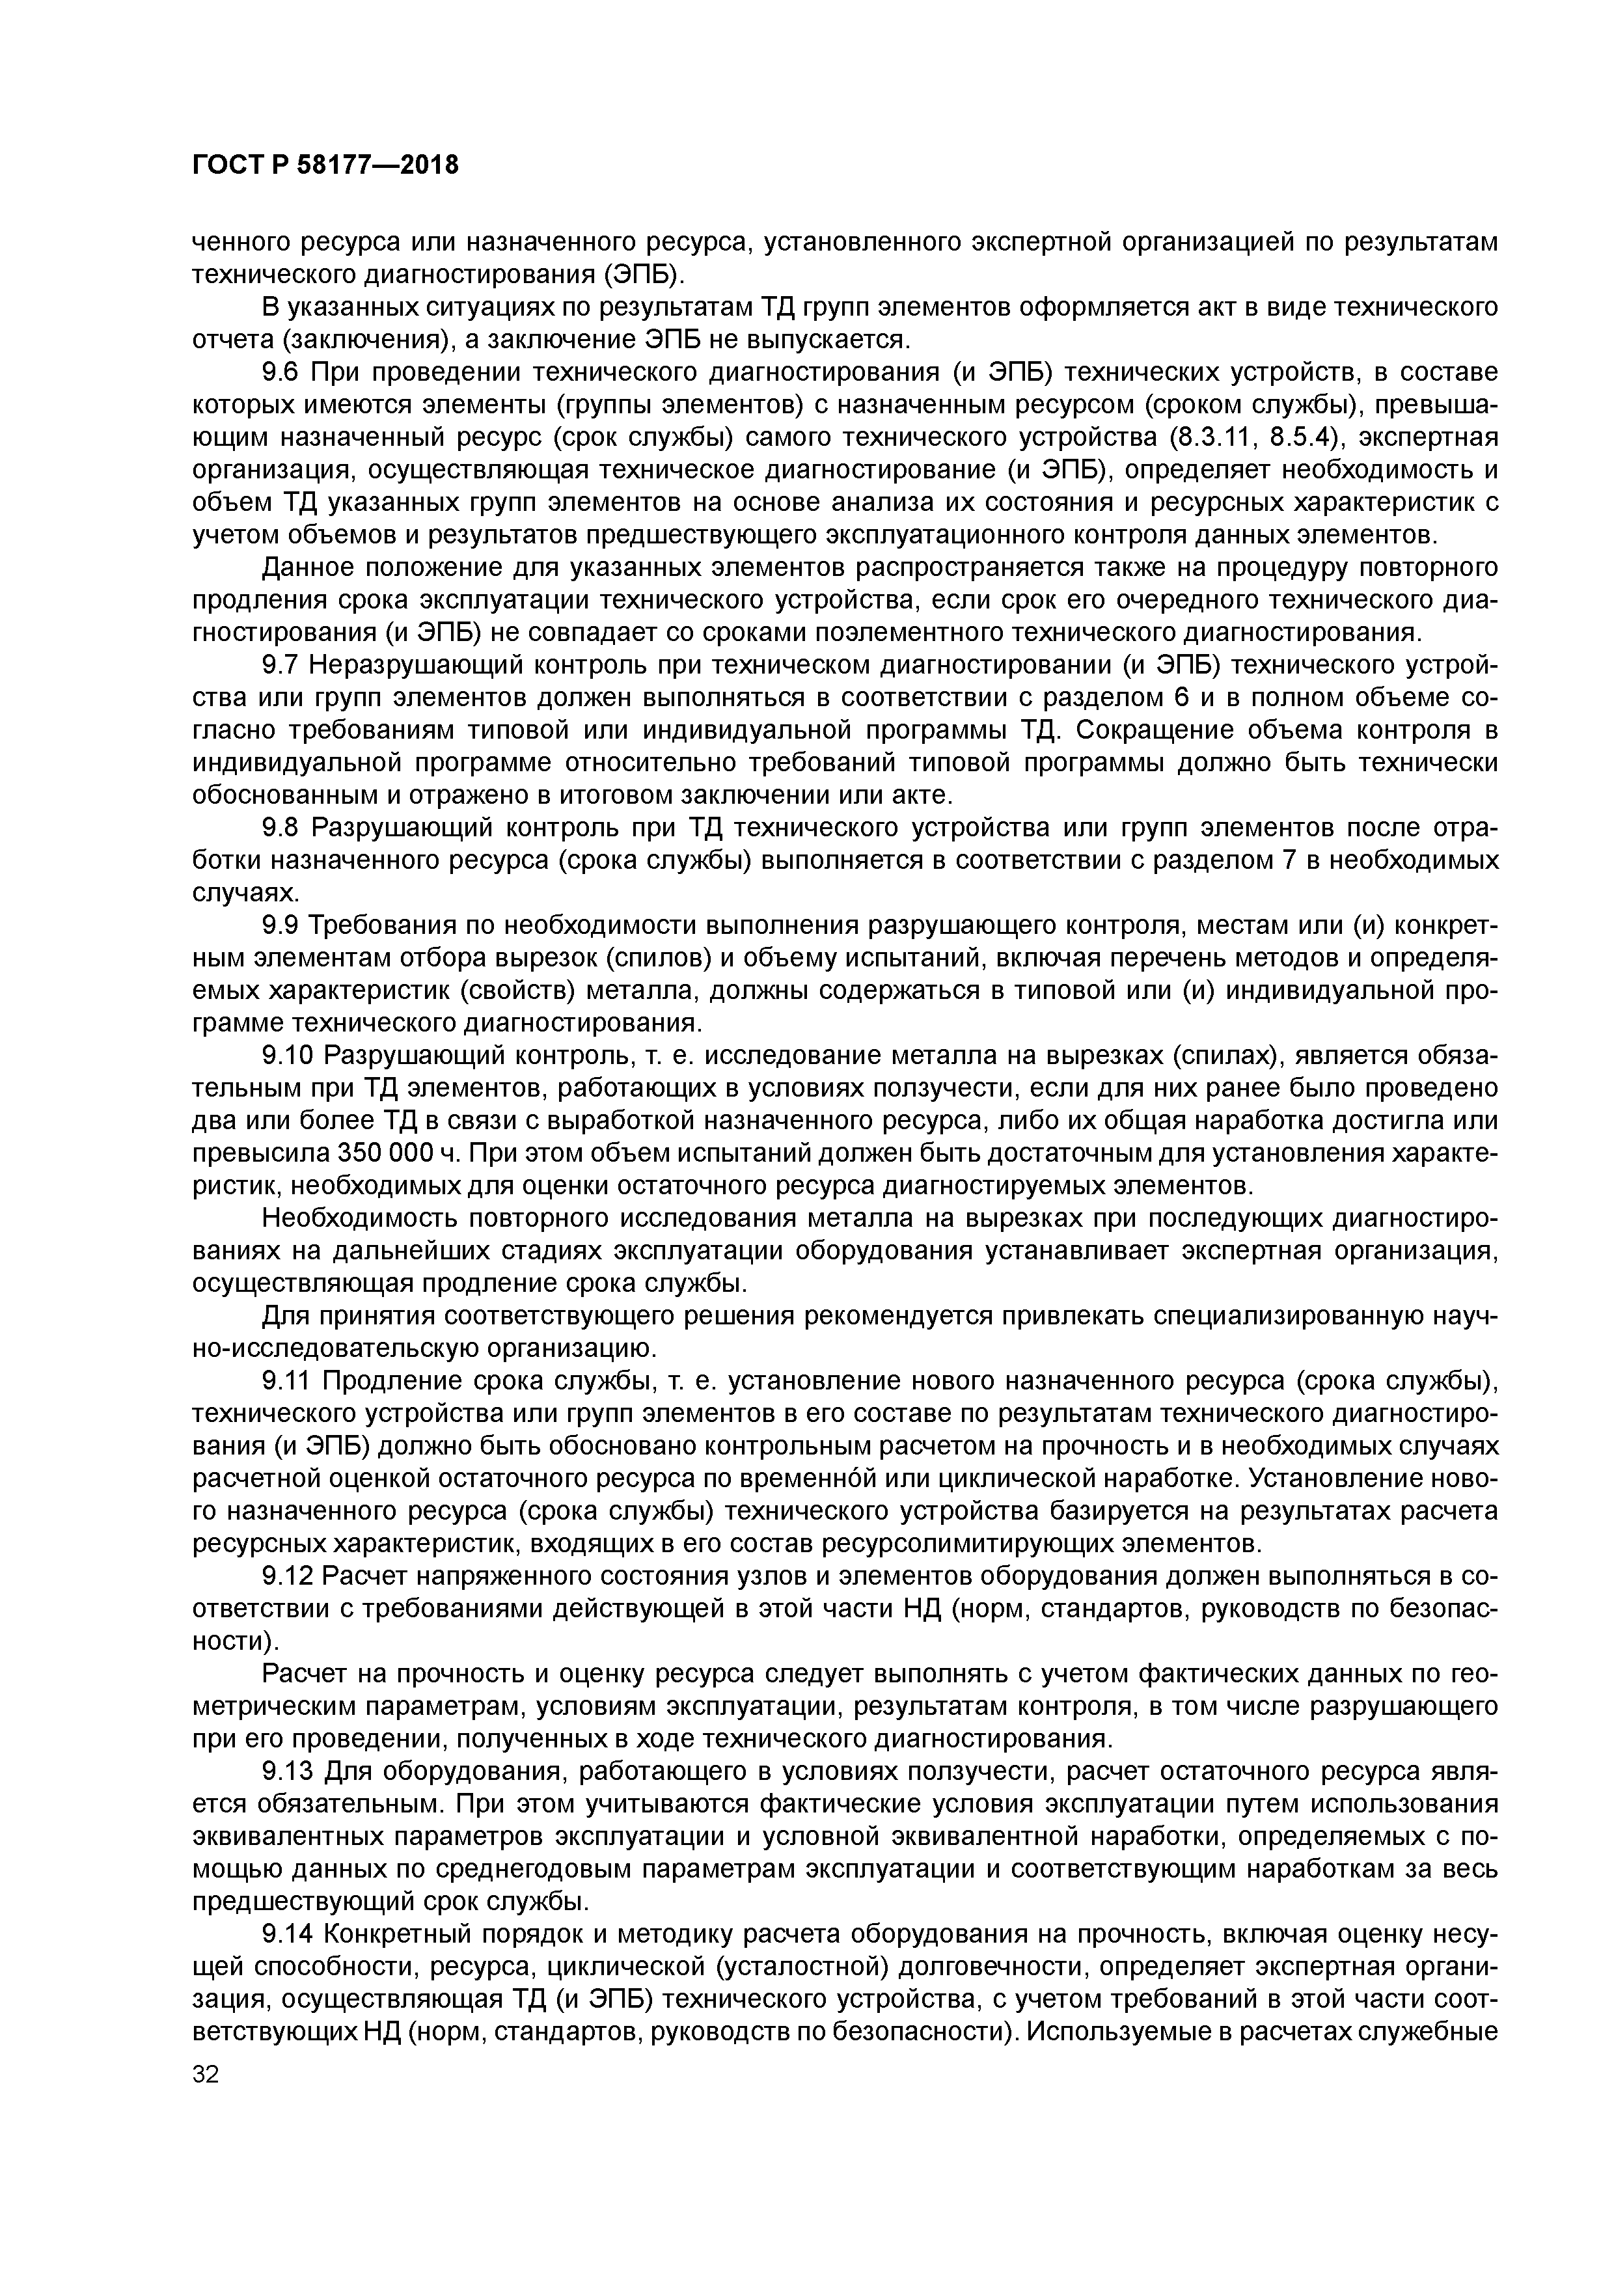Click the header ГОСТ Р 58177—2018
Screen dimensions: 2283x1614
point(325,164)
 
